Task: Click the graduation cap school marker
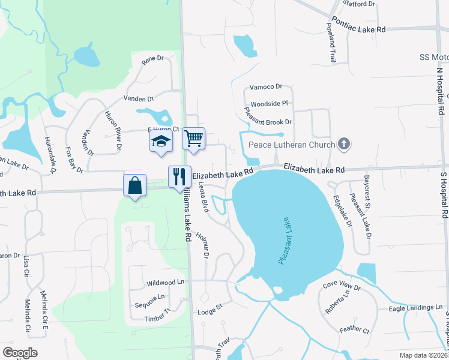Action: pos(160,141)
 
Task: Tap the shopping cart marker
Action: pos(193,139)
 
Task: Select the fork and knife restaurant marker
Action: pos(179,176)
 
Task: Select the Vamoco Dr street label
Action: pos(266,87)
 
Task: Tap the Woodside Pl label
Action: pos(270,103)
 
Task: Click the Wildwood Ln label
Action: pos(165,282)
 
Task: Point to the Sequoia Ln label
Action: pos(149,297)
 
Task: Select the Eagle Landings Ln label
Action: pos(411,308)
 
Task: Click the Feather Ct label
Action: pos(354,329)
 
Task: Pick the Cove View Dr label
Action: pos(341,287)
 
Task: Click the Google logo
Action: pos(20,353)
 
